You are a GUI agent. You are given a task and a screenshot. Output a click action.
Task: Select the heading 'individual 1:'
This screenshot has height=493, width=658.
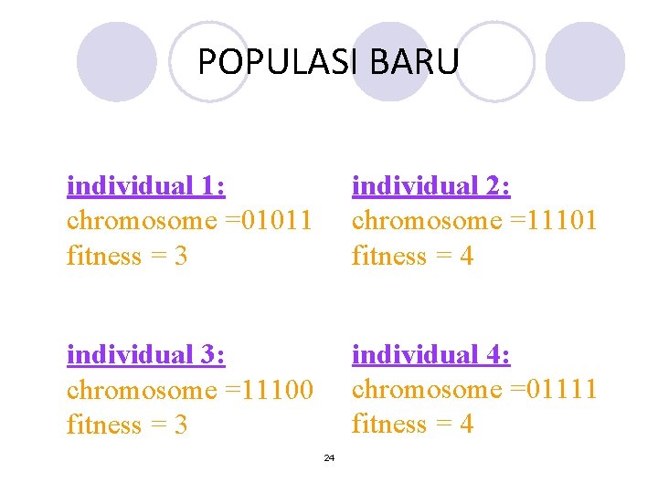pyautogui.click(x=146, y=186)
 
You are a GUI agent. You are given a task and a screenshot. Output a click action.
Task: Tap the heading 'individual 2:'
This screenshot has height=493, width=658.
pyautogui.click(x=431, y=186)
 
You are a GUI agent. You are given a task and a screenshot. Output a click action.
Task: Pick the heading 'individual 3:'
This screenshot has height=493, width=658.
pyautogui.click(x=146, y=354)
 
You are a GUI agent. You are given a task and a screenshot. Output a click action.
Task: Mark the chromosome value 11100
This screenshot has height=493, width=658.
pyautogui.click(x=280, y=390)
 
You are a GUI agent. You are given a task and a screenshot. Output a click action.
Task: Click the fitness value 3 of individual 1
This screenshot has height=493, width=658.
pyautogui.click(x=180, y=257)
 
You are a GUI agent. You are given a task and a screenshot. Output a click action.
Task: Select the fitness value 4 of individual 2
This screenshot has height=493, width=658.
pyautogui.click(x=466, y=257)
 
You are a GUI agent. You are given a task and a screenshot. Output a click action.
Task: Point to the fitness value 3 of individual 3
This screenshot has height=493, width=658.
pyautogui.click(x=180, y=425)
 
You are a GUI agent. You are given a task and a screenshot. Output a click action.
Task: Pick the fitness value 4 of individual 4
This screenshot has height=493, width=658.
pyautogui.click(x=466, y=425)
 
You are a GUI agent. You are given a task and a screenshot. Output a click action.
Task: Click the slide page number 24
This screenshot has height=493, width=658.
pyautogui.click(x=329, y=457)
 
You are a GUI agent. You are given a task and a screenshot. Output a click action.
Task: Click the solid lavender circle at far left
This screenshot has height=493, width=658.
pyautogui.click(x=117, y=62)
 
